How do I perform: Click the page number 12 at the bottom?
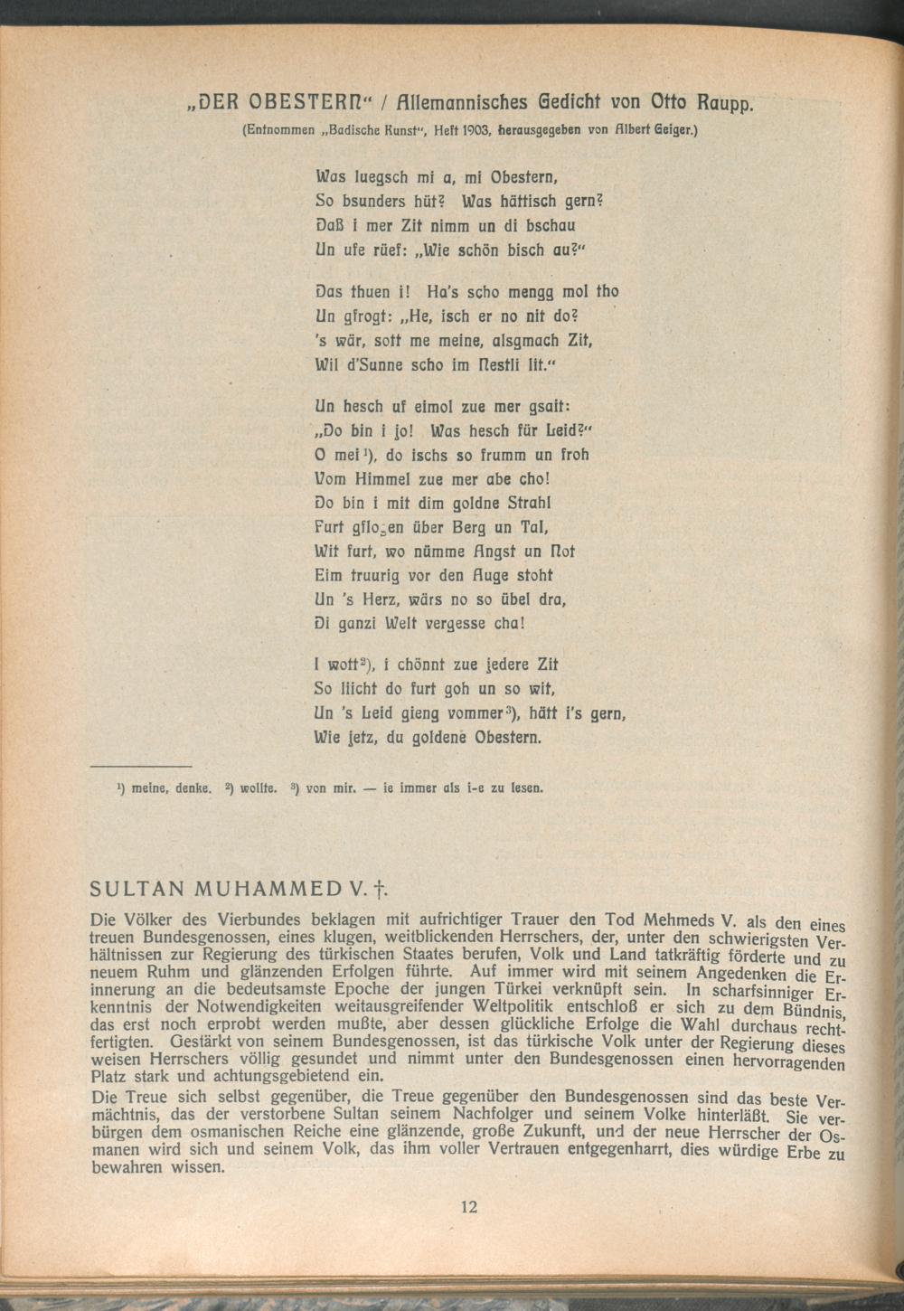coord(468,1205)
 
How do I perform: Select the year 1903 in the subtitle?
coord(476,130)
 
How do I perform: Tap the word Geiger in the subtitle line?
coord(673,130)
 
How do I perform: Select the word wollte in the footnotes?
coord(256,788)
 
